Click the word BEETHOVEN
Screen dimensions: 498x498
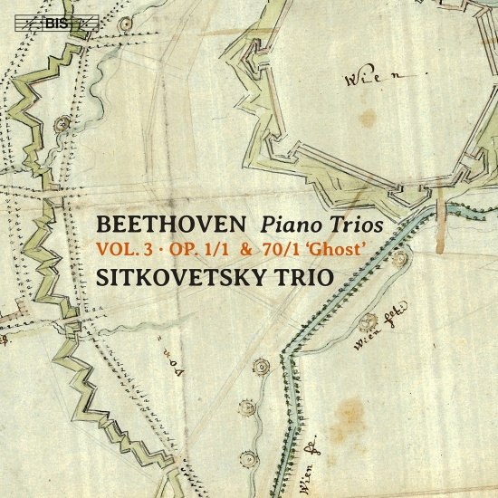click(170, 221)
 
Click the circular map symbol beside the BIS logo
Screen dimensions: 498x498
click(61, 122)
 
